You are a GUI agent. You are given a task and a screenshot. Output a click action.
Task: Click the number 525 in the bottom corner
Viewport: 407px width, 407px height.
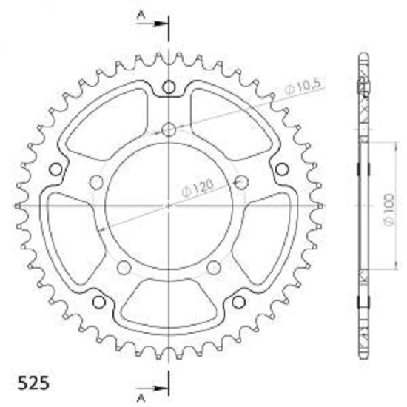[x=33, y=383]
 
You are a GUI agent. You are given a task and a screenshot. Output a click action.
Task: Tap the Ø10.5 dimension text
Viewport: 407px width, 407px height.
[x=303, y=86]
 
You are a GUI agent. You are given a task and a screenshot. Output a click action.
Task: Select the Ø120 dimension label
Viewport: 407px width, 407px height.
[x=198, y=188]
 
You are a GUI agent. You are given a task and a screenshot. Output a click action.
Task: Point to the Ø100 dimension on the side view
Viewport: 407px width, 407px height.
[x=389, y=209]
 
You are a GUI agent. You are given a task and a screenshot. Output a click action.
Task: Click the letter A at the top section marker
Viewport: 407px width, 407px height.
[x=141, y=16]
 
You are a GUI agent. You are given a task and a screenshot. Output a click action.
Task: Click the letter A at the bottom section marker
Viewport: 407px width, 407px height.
[x=141, y=398]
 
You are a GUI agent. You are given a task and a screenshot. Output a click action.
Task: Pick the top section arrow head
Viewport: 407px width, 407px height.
[x=160, y=24]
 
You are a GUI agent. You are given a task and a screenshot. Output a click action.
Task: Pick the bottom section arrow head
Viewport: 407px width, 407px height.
[x=160, y=388]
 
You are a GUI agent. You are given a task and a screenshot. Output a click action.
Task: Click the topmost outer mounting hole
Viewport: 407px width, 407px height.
[x=169, y=87]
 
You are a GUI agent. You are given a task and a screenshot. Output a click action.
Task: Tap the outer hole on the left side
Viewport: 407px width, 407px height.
[x=55, y=169]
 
